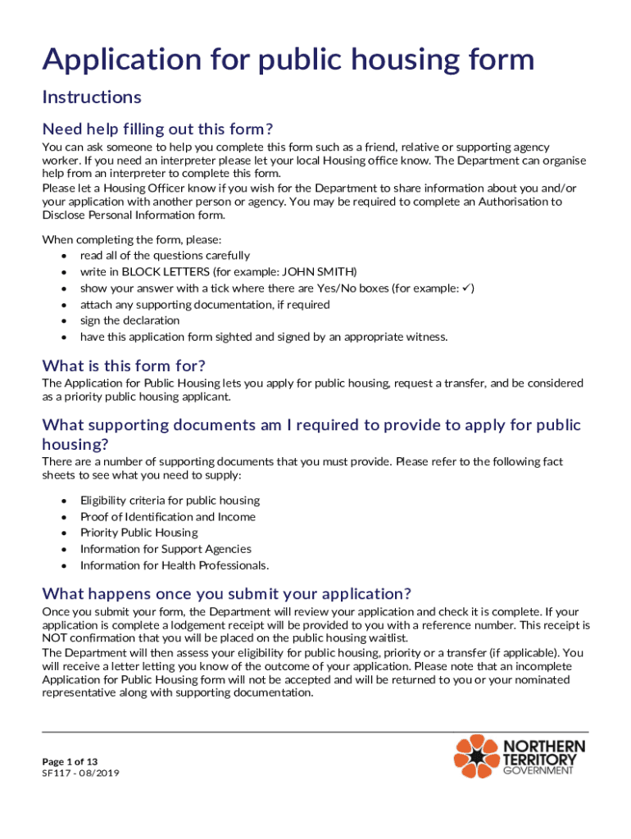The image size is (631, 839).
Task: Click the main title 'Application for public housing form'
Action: [288, 60]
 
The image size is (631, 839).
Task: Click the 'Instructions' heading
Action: [92, 98]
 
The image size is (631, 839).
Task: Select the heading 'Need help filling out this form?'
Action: [157, 129]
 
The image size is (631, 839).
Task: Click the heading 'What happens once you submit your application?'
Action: [226, 593]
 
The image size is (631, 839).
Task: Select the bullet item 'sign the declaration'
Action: [129, 320]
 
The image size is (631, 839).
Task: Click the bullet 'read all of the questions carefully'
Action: [165, 256]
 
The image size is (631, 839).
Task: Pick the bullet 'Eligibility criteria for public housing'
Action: [170, 501]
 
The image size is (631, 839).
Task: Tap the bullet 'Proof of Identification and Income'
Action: [167, 517]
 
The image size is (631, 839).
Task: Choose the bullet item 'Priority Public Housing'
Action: [138, 533]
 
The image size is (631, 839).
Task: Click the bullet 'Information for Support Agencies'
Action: [166, 549]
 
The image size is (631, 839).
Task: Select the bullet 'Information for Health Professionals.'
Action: [174, 565]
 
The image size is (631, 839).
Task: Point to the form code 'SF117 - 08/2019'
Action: [80, 773]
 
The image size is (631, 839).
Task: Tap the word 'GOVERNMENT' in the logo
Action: [543, 772]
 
